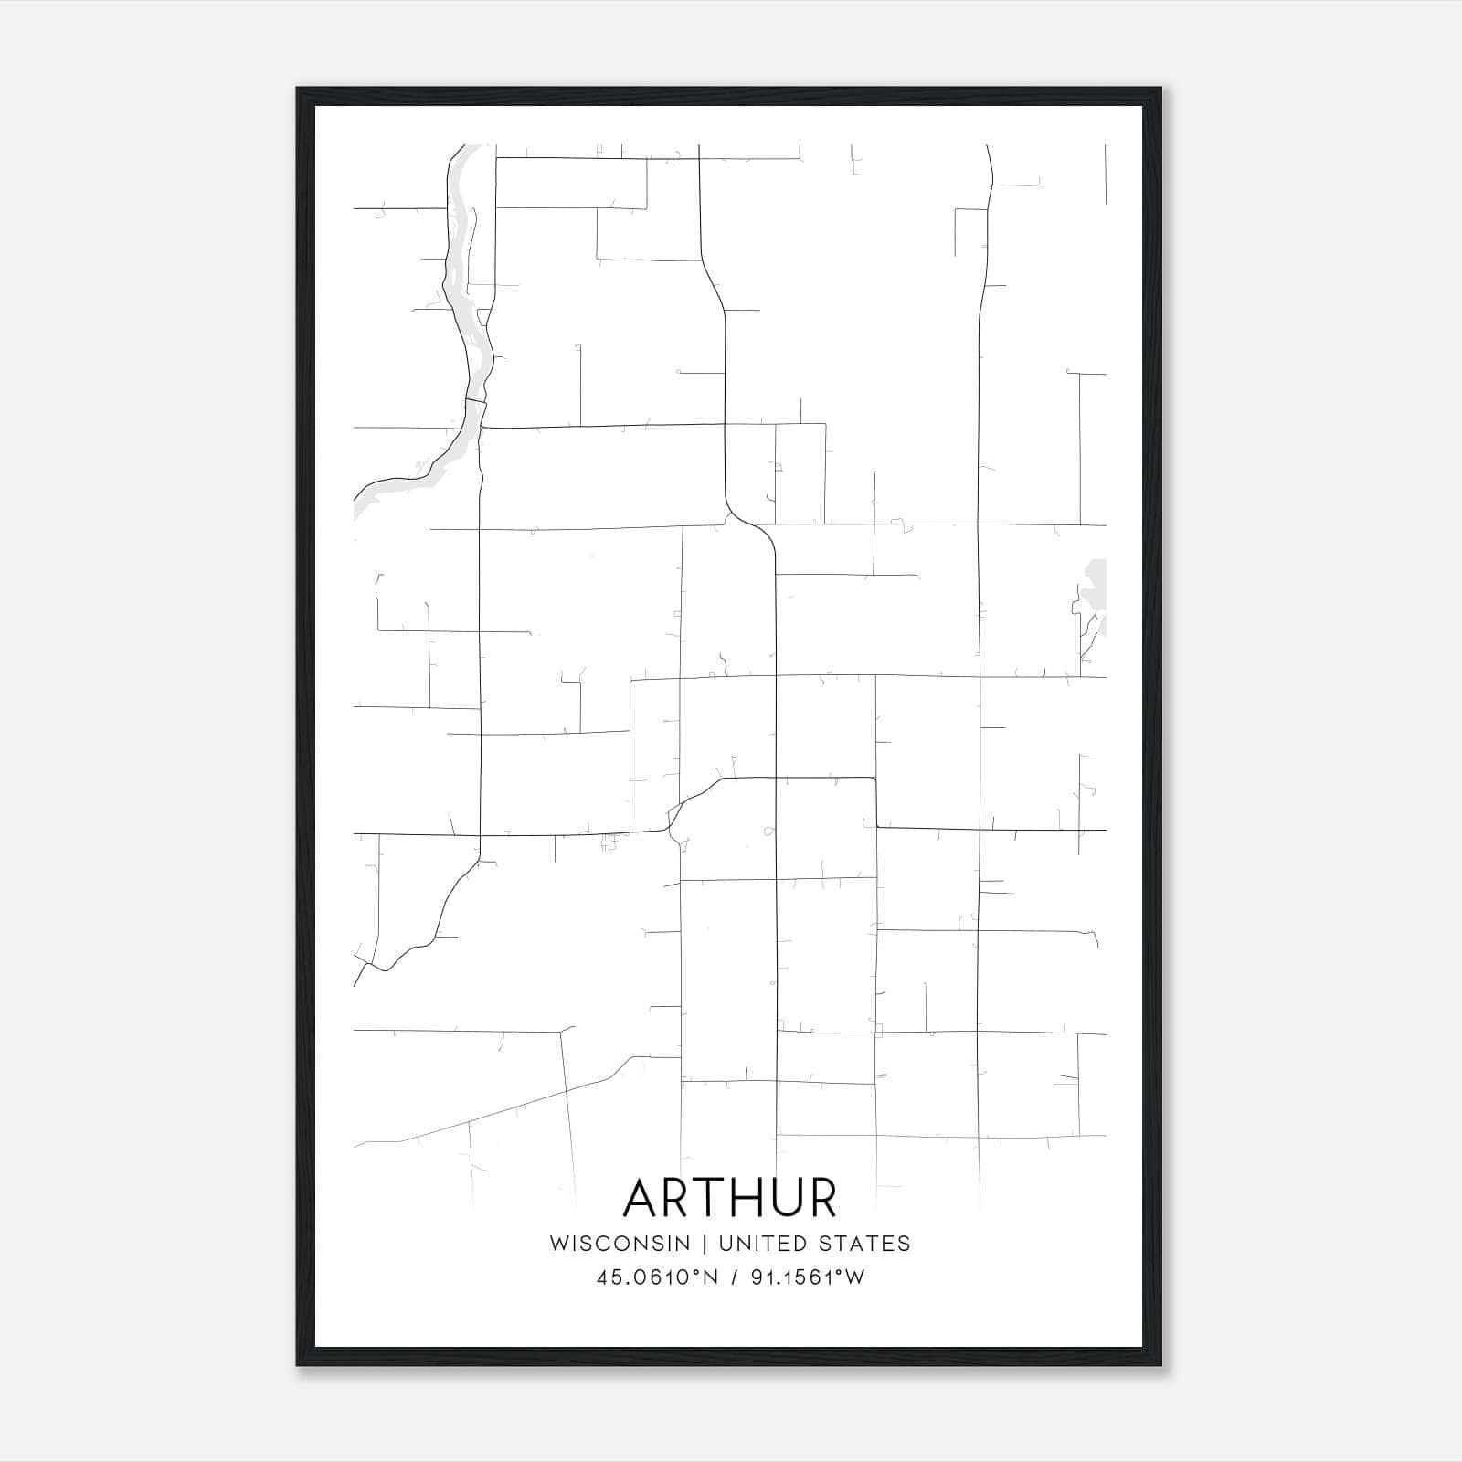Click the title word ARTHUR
pos(729,1198)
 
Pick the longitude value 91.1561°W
pos(807,1277)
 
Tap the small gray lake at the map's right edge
pos(1096,594)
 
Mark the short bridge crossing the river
pos(475,400)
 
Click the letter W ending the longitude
pos(855,1277)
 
